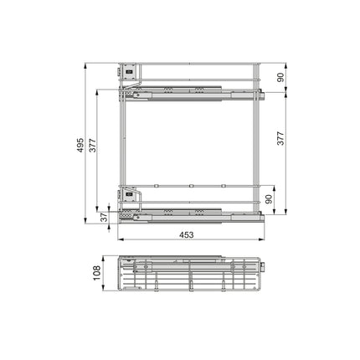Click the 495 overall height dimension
click(80, 145)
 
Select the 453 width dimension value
click(186, 235)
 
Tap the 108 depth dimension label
click(96, 273)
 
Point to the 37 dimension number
click(104, 217)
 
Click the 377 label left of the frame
click(93, 145)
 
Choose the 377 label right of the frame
click(280, 138)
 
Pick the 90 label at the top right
click(280, 77)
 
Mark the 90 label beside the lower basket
click(269, 199)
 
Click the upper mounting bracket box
click(129, 71)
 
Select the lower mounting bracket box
click(129, 194)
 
